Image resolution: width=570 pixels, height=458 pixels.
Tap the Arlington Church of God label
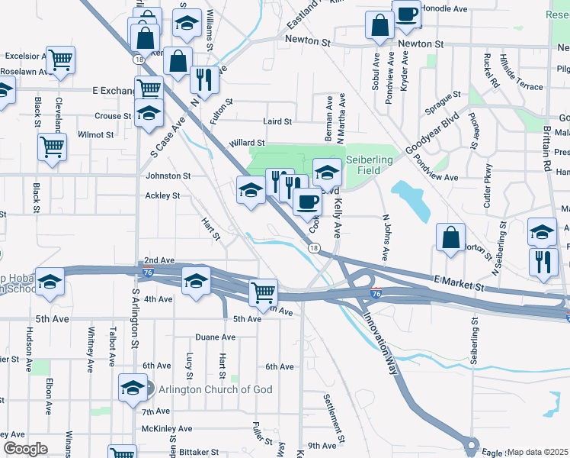click(216, 389)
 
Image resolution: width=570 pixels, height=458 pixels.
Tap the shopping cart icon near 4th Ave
click(263, 292)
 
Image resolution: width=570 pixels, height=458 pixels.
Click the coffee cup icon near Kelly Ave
click(307, 202)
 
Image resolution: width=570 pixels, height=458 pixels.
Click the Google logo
click(25, 449)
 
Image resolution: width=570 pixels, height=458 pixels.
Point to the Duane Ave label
click(216, 337)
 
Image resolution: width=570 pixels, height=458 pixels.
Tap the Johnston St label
click(168, 176)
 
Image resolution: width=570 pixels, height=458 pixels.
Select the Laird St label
click(277, 121)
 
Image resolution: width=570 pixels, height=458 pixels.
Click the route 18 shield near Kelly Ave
click(313, 248)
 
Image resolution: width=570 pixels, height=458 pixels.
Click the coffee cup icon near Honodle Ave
click(407, 13)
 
